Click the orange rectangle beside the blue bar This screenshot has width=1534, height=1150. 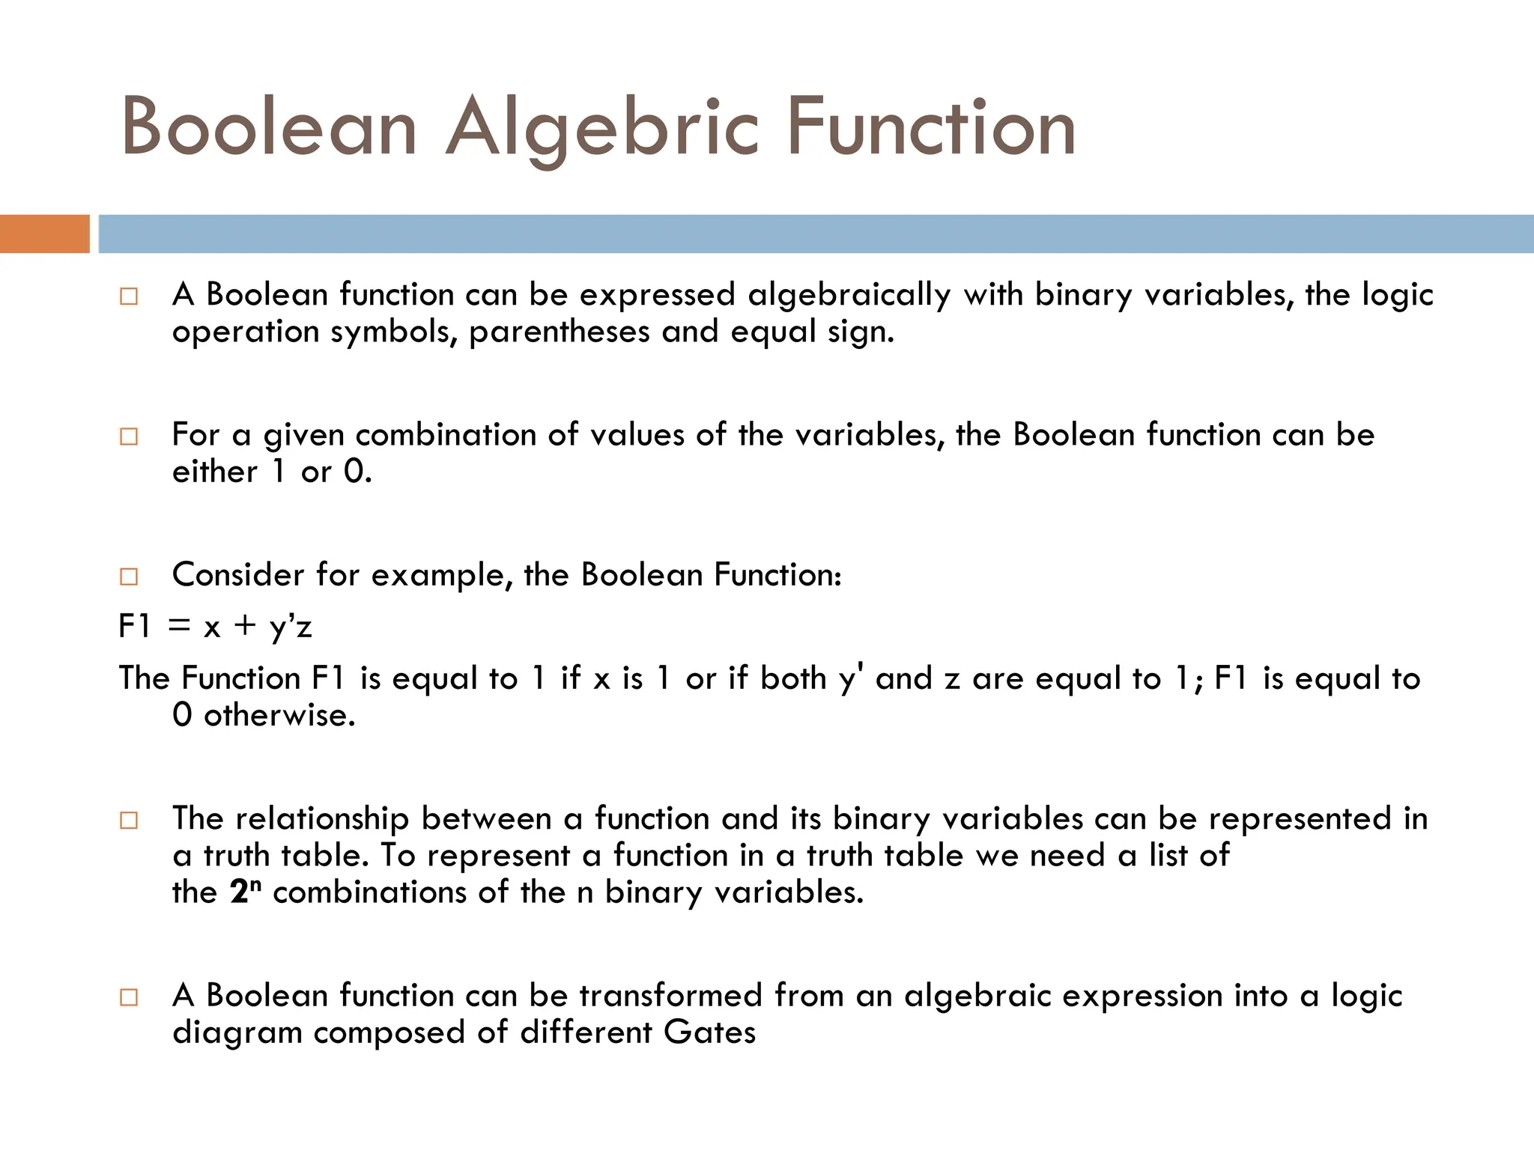44,234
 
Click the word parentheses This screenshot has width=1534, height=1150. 559,332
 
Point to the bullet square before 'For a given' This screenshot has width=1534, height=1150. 129,436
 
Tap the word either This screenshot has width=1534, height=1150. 214,472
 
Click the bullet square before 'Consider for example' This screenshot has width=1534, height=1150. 129,576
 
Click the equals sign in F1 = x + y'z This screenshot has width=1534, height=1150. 179,626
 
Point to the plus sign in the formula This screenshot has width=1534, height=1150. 245,626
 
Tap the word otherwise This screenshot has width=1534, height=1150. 279,715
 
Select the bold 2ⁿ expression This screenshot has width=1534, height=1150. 245,891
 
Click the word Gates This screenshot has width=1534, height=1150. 709,1033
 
